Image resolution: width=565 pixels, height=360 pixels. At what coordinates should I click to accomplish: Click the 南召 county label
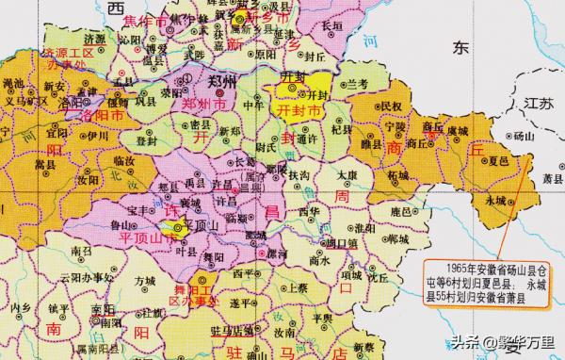pos(81,254)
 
